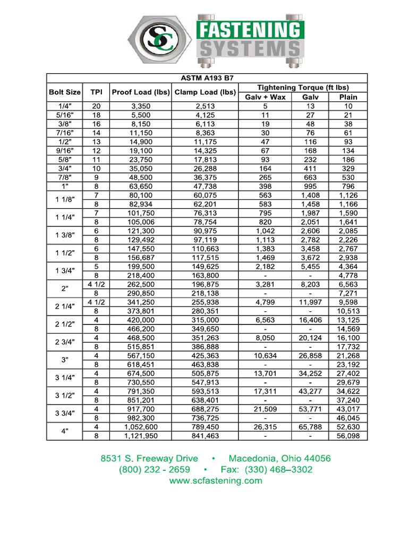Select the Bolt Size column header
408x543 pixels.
pyautogui.click(x=65, y=92)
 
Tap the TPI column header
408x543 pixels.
pyautogui.click(x=96, y=92)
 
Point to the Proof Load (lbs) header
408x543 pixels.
pyautogui.click(x=141, y=92)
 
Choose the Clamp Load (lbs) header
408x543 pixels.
pyautogui.click(x=205, y=92)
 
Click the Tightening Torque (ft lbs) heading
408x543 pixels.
pyautogui.click(x=303, y=87)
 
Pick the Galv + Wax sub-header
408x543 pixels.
pyautogui.click(x=265, y=97)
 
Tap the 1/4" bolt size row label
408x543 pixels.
pyautogui.click(x=65, y=106)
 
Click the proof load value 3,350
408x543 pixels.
pyautogui.click(x=141, y=106)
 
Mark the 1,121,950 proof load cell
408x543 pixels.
pyautogui.click(x=141, y=436)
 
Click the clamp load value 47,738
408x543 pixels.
pyautogui.click(x=205, y=186)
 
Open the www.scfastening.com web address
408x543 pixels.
pyautogui.click(x=216, y=481)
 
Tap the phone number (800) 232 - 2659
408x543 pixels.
pyautogui.click(x=155, y=470)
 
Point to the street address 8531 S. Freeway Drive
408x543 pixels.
pyautogui.click(x=149, y=458)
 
